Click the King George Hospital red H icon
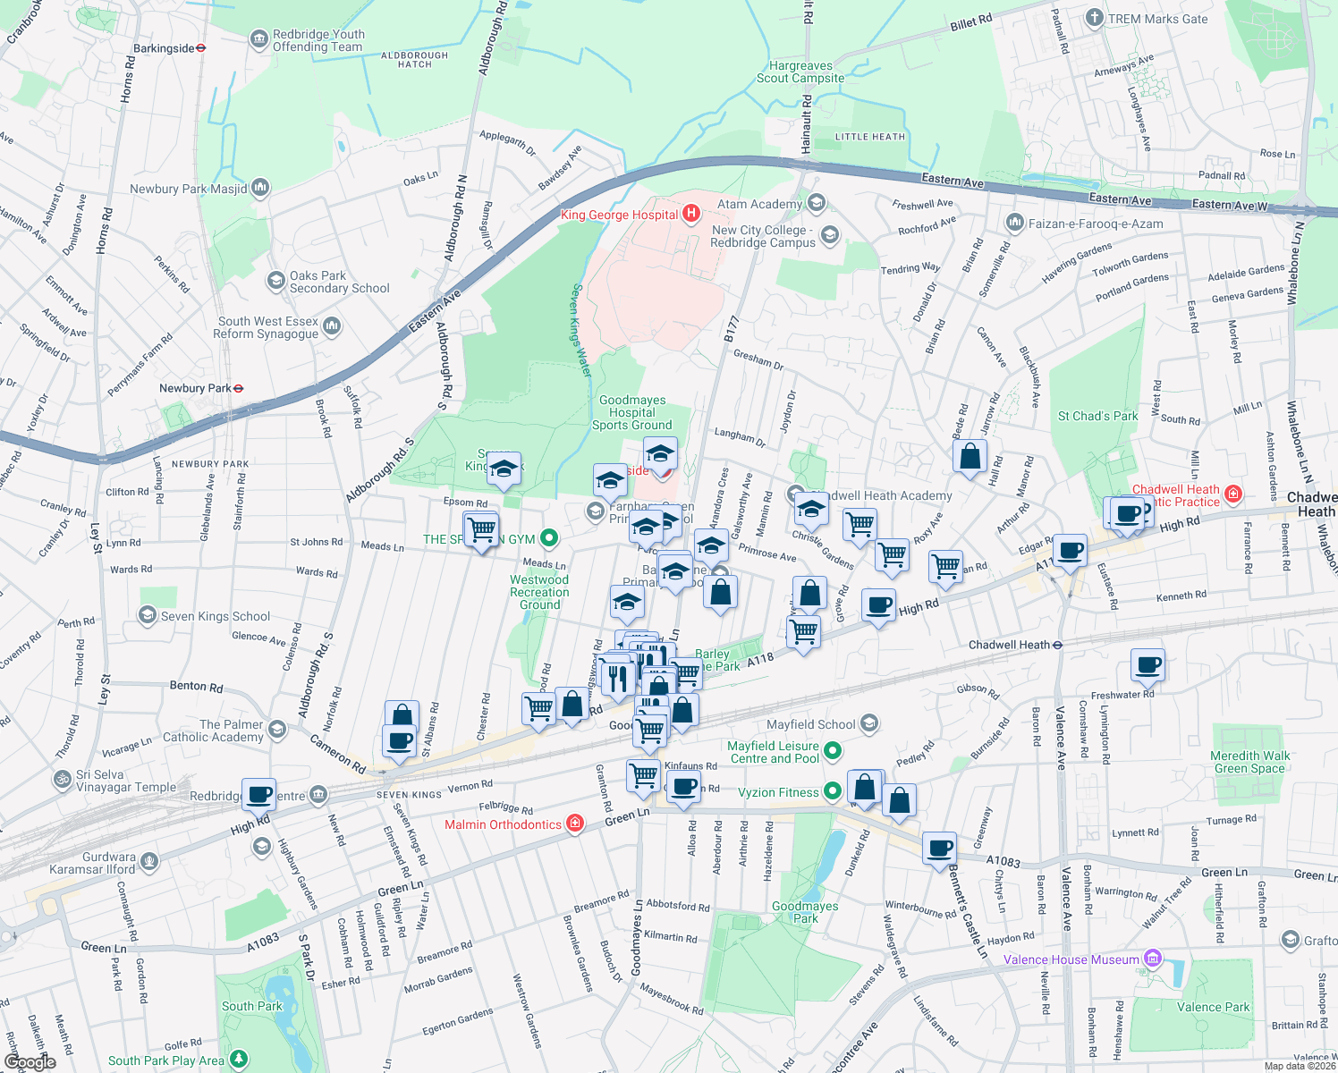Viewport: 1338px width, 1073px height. (x=690, y=214)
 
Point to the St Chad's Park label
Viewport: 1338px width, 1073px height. (x=1097, y=416)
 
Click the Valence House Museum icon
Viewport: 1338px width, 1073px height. (x=1153, y=959)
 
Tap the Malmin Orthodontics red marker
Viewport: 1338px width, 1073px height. (x=575, y=824)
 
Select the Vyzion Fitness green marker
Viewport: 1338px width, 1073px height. (x=833, y=791)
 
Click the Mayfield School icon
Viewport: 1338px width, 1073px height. (x=869, y=723)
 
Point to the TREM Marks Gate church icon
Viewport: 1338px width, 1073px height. (x=1094, y=18)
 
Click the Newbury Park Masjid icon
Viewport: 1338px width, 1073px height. (x=260, y=187)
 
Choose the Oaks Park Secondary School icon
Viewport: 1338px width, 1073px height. (x=275, y=281)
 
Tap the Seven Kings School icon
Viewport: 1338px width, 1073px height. (x=147, y=615)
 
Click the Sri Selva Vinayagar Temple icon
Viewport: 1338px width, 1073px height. (x=63, y=779)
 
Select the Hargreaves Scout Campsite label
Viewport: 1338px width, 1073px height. (x=800, y=72)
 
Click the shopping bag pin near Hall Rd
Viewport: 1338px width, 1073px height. (x=970, y=457)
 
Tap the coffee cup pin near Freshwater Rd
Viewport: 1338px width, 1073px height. (x=1147, y=665)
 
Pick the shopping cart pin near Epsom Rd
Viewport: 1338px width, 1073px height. (x=481, y=529)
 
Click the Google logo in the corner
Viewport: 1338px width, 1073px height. (x=30, y=1061)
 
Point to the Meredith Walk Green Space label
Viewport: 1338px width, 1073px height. (x=1249, y=762)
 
